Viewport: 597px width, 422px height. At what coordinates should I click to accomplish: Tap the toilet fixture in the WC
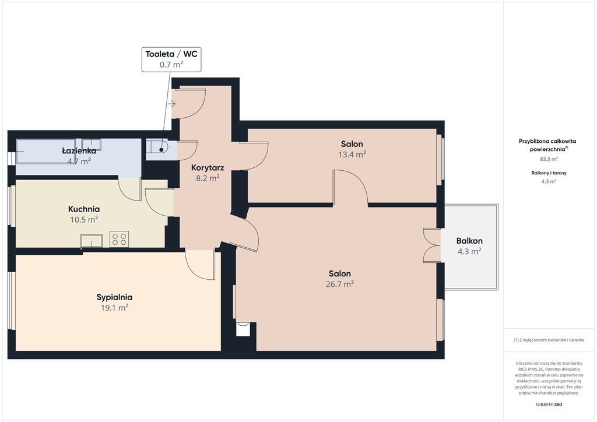point(157,146)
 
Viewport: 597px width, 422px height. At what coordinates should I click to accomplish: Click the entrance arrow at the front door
point(171,104)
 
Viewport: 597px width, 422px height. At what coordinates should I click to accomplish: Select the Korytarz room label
point(208,168)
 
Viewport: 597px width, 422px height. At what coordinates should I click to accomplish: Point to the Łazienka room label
point(79,151)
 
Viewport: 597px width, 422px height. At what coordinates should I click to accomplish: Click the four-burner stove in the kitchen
point(119,239)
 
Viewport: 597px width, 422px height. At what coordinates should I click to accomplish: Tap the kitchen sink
point(92,241)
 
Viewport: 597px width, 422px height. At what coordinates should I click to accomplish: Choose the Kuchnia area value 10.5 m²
point(84,220)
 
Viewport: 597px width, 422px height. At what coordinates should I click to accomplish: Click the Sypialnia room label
point(114,298)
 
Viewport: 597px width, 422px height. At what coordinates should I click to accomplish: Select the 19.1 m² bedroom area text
point(114,308)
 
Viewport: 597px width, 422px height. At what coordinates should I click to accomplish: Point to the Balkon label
point(469,241)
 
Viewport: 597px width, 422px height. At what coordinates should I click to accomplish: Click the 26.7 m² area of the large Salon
point(340,284)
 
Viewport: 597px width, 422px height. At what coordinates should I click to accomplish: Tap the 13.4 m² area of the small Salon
point(352,154)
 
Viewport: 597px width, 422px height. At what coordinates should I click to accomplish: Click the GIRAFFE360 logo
point(549,405)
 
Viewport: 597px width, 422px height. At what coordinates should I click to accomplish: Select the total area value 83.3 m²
point(549,159)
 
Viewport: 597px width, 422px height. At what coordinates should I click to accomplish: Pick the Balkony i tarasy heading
point(549,173)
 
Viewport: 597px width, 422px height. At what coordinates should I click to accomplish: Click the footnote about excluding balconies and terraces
point(549,340)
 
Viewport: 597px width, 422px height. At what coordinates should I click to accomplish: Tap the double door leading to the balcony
point(432,245)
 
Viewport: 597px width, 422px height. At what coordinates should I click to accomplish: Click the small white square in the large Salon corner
point(243,329)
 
